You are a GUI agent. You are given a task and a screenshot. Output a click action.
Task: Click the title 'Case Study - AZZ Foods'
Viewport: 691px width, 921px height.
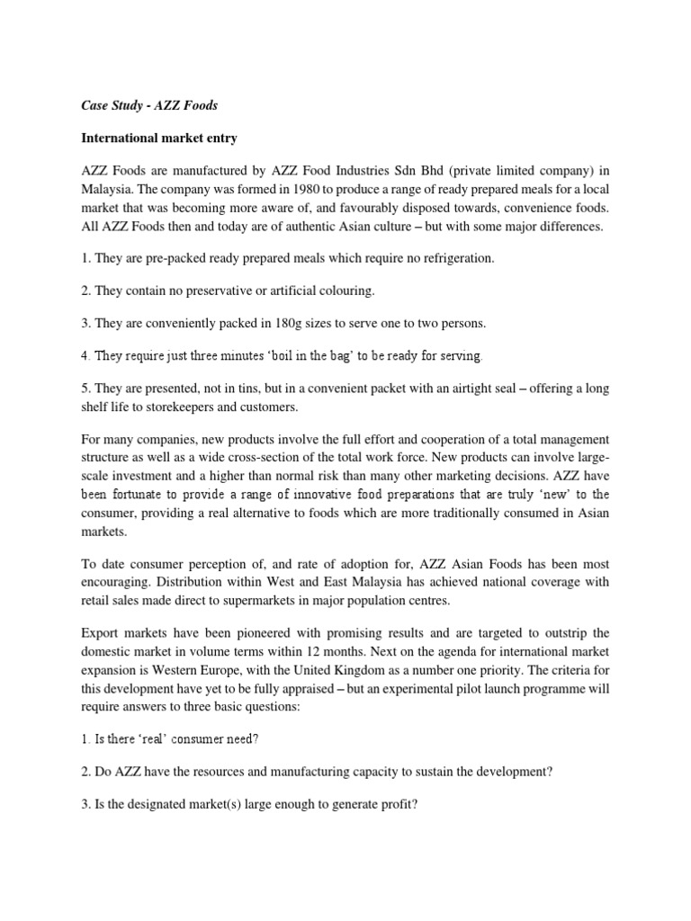click(150, 106)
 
